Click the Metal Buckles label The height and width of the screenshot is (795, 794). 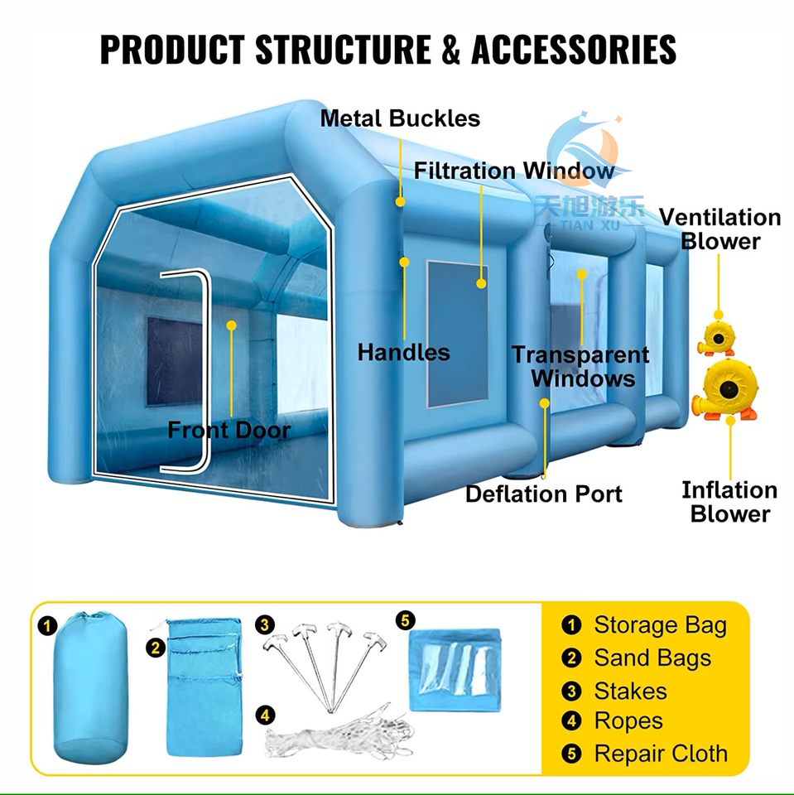coord(400,118)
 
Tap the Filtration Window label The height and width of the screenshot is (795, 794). coord(514,171)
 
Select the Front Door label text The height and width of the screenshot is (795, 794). coord(229,431)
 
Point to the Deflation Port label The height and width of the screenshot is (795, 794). coord(543,494)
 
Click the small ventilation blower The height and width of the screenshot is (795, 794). coord(716,335)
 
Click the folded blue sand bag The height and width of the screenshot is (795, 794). coord(204,686)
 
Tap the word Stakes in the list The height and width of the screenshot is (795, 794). coord(630,691)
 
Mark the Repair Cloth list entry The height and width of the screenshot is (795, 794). coord(661,754)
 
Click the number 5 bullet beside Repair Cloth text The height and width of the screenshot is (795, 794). coord(571,754)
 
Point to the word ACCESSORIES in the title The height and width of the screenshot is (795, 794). coord(574,51)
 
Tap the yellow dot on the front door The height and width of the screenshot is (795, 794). coord(232,325)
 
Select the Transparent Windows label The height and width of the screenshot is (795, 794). coord(580,366)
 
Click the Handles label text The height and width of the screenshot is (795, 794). coord(404,353)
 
